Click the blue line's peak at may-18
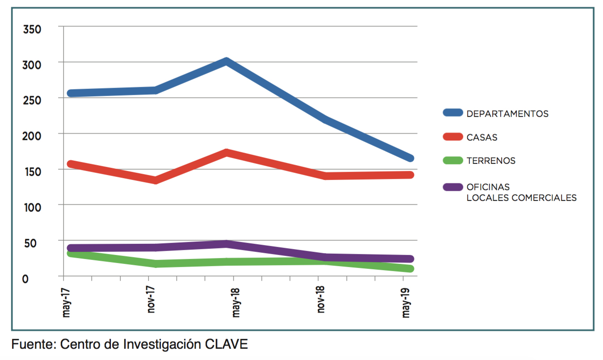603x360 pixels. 227,62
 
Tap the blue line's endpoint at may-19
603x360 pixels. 410,158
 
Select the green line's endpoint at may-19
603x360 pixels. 410,268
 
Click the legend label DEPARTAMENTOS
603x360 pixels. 507,114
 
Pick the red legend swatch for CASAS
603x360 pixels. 452,137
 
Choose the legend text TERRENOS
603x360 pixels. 491,161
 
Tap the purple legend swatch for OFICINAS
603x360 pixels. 452,187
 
